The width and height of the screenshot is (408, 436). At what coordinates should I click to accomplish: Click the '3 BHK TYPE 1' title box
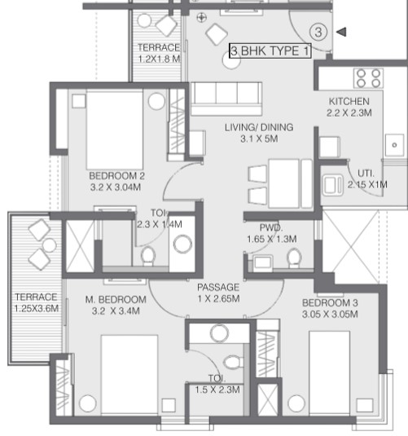pos(270,51)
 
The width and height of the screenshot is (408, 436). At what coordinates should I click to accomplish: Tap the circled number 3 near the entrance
pos(318,32)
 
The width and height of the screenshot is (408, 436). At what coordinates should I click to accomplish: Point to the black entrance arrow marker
pos(341,32)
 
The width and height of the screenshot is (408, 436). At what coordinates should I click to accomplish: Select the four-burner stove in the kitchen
pos(368,78)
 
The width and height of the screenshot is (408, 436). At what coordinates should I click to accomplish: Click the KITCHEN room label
pos(349,101)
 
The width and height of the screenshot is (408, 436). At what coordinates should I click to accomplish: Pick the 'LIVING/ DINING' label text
pos(259,127)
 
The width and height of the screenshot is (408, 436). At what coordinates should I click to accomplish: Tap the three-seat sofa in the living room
pos(226,99)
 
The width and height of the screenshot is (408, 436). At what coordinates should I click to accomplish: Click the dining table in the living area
pos(284,183)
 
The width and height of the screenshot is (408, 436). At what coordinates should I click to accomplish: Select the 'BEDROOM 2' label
pos(116,176)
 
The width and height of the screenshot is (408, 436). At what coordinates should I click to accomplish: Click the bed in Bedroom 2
pos(115,130)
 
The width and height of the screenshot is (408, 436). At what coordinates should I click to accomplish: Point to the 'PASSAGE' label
pos(218,287)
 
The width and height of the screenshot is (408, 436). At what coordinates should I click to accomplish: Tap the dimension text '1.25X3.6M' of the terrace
pos(37,309)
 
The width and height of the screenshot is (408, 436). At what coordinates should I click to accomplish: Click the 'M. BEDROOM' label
pos(116,299)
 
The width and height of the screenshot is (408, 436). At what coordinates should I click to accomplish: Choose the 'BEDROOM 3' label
pos(330,302)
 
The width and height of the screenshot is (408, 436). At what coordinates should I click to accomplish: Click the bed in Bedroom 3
pos(329,372)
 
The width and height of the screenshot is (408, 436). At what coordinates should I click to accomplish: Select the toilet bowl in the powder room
pos(294,258)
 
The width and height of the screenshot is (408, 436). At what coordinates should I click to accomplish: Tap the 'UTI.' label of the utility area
pos(366,174)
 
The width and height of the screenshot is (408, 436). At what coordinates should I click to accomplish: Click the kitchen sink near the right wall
pos(395,144)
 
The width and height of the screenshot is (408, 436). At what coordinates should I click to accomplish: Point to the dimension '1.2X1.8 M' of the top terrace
pos(160,59)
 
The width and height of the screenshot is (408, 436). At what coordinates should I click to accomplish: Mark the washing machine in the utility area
pos(332,185)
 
